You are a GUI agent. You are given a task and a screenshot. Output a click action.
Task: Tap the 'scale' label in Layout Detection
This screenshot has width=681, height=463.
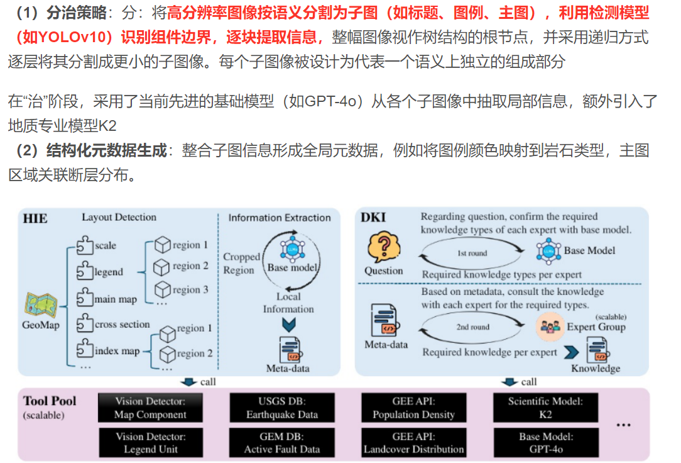click(x=105, y=245)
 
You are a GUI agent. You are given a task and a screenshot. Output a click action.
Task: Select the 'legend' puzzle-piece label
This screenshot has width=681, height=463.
click(x=109, y=272)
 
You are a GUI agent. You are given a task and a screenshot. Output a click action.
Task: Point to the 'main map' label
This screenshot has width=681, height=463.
click(x=115, y=299)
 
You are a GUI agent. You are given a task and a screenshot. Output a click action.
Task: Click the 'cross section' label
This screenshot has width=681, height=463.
click(x=122, y=325)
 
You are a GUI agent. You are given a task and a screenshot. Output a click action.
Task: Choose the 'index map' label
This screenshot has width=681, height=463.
click(x=117, y=350)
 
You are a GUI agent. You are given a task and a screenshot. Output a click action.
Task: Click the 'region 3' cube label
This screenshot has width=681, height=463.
click(x=190, y=289)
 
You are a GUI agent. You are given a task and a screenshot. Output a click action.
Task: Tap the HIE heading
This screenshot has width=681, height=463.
click(x=35, y=219)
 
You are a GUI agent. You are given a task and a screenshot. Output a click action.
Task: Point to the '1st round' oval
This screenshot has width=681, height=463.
click(x=472, y=253)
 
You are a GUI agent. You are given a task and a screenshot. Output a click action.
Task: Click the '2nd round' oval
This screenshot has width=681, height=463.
click(x=472, y=327)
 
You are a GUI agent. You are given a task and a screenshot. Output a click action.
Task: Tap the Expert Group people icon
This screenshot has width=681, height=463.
click(x=548, y=327)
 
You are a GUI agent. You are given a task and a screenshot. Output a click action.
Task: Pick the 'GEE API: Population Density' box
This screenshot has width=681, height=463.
click(x=413, y=408)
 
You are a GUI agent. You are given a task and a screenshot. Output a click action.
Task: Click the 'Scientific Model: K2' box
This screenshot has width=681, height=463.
click(x=545, y=408)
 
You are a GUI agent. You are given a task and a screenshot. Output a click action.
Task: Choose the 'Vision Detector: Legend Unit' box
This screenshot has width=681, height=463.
click(x=151, y=443)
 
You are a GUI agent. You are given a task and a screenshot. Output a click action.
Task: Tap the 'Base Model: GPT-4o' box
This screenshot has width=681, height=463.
click(x=545, y=443)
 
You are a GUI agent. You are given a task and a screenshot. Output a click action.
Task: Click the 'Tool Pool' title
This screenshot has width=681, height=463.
click(x=50, y=401)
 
